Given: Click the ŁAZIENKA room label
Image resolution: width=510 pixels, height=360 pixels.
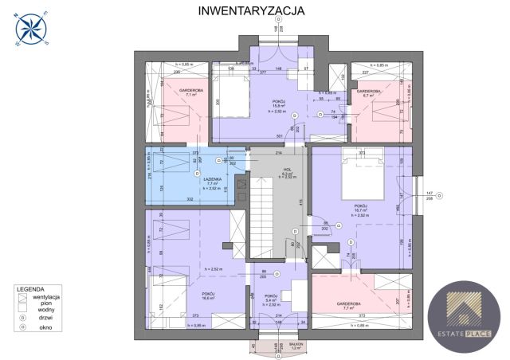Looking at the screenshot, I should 212,179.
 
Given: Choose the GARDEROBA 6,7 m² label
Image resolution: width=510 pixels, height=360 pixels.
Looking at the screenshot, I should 371,93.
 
